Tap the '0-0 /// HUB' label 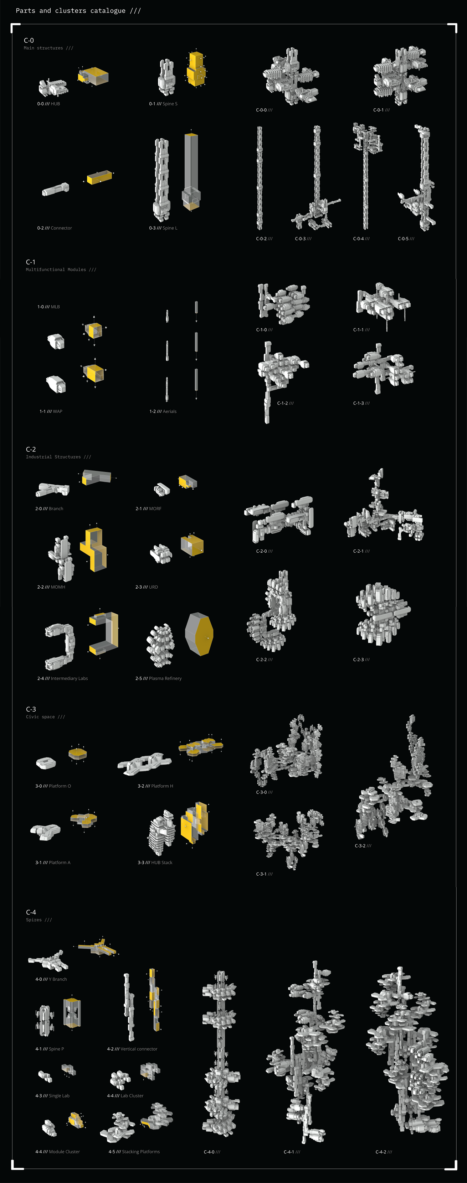pos(49,104)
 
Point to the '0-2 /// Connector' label pos(55,228)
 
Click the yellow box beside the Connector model pos(99,177)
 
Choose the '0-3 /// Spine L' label pos(163,228)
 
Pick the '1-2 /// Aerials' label pos(163,411)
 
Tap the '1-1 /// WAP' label pos(51,411)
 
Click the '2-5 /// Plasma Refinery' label pos(159,678)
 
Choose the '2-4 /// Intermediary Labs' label pos(62,678)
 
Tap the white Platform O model pos(46,763)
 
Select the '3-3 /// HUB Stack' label pos(155,863)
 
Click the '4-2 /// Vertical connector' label pos(132,1049)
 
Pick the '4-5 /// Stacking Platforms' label pos(134,1152)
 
